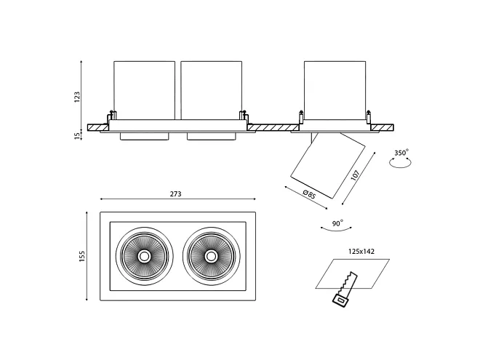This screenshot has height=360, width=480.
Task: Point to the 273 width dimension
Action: [175, 194]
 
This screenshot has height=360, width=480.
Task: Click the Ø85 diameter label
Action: [308, 193]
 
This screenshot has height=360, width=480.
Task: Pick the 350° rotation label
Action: [401, 153]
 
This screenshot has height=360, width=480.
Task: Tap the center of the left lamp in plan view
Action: [144, 256]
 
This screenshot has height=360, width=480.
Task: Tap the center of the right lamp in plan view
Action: [211, 256]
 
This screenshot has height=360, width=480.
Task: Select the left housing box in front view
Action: [144, 91]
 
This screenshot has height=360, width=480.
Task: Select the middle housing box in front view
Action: [211, 91]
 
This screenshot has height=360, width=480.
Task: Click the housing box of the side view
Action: [334, 91]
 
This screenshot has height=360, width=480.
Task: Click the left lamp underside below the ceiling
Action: [144, 136]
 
